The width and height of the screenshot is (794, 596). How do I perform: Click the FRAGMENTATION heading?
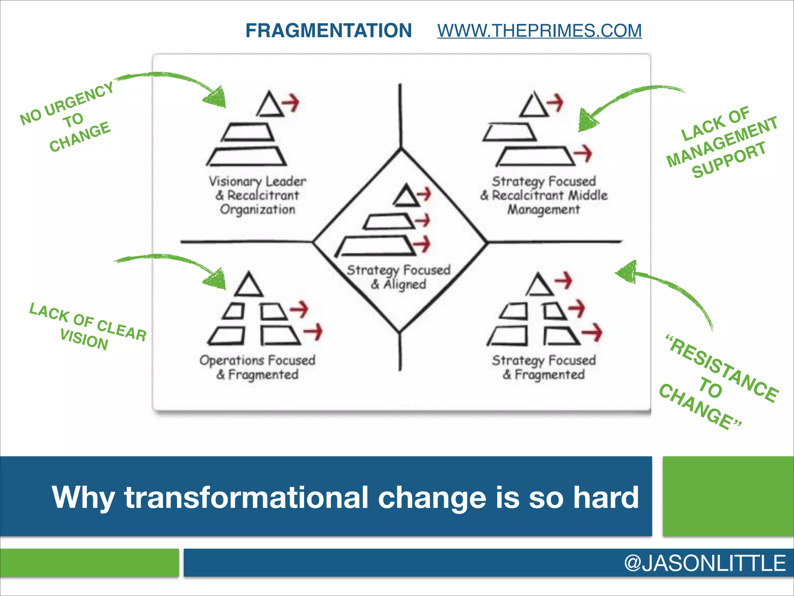tap(328, 31)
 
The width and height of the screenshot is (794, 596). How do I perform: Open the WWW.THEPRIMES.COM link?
tap(539, 31)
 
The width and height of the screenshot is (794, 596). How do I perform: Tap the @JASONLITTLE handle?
tap(704, 563)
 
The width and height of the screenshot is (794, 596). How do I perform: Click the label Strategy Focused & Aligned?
tap(399, 277)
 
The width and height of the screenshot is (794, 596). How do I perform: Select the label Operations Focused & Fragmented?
tap(257, 367)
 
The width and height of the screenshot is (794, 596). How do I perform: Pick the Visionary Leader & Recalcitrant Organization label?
tap(257, 195)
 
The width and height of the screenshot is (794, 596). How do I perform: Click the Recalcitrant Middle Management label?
tap(544, 195)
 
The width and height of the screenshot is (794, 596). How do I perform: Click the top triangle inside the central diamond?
tap(406, 196)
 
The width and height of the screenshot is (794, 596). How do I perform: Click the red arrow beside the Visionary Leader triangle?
tap(291, 102)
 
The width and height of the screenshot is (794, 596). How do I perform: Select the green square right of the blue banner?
tap(728, 496)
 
